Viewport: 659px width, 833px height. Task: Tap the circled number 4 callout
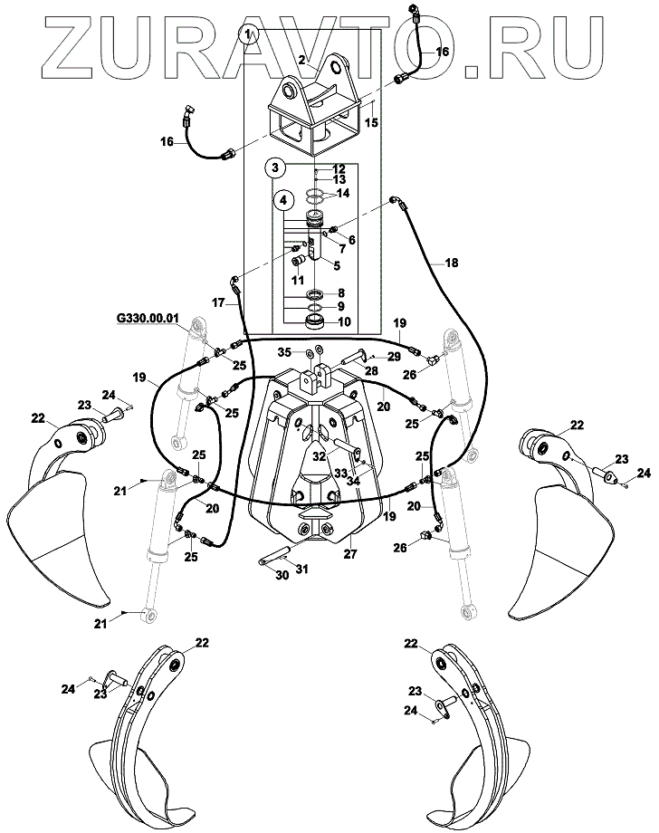(284, 199)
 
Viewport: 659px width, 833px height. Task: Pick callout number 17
(218, 304)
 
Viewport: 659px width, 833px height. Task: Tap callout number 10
(343, 321)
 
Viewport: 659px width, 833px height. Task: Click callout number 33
(315, 472)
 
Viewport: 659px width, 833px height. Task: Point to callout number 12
(339, 169)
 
